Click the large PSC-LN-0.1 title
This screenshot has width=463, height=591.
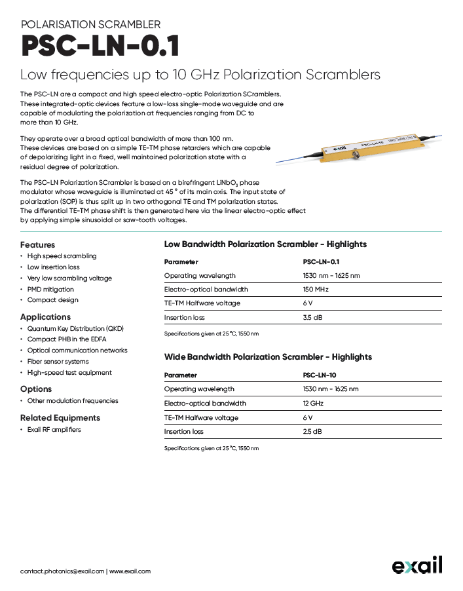pos(100,47)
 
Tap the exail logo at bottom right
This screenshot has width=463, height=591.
pos(417,565)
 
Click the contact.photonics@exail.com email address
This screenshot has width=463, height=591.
pos(62,571)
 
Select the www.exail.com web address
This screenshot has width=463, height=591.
pos(130,571)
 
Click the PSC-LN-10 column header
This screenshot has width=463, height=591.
pos(319,375)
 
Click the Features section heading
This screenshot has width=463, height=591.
pos(38,244)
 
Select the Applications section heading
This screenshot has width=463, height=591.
pos(45,317)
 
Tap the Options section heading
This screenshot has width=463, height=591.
pos(36,389)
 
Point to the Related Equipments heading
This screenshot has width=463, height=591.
pos(60,417)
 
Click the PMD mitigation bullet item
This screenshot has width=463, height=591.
pos(50,289)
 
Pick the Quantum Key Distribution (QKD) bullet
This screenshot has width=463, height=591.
pos(75,328)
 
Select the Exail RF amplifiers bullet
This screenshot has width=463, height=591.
pos(54,430)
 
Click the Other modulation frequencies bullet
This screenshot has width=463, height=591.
pos(73,401)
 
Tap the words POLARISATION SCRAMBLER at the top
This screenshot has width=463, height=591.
pos(90,24)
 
